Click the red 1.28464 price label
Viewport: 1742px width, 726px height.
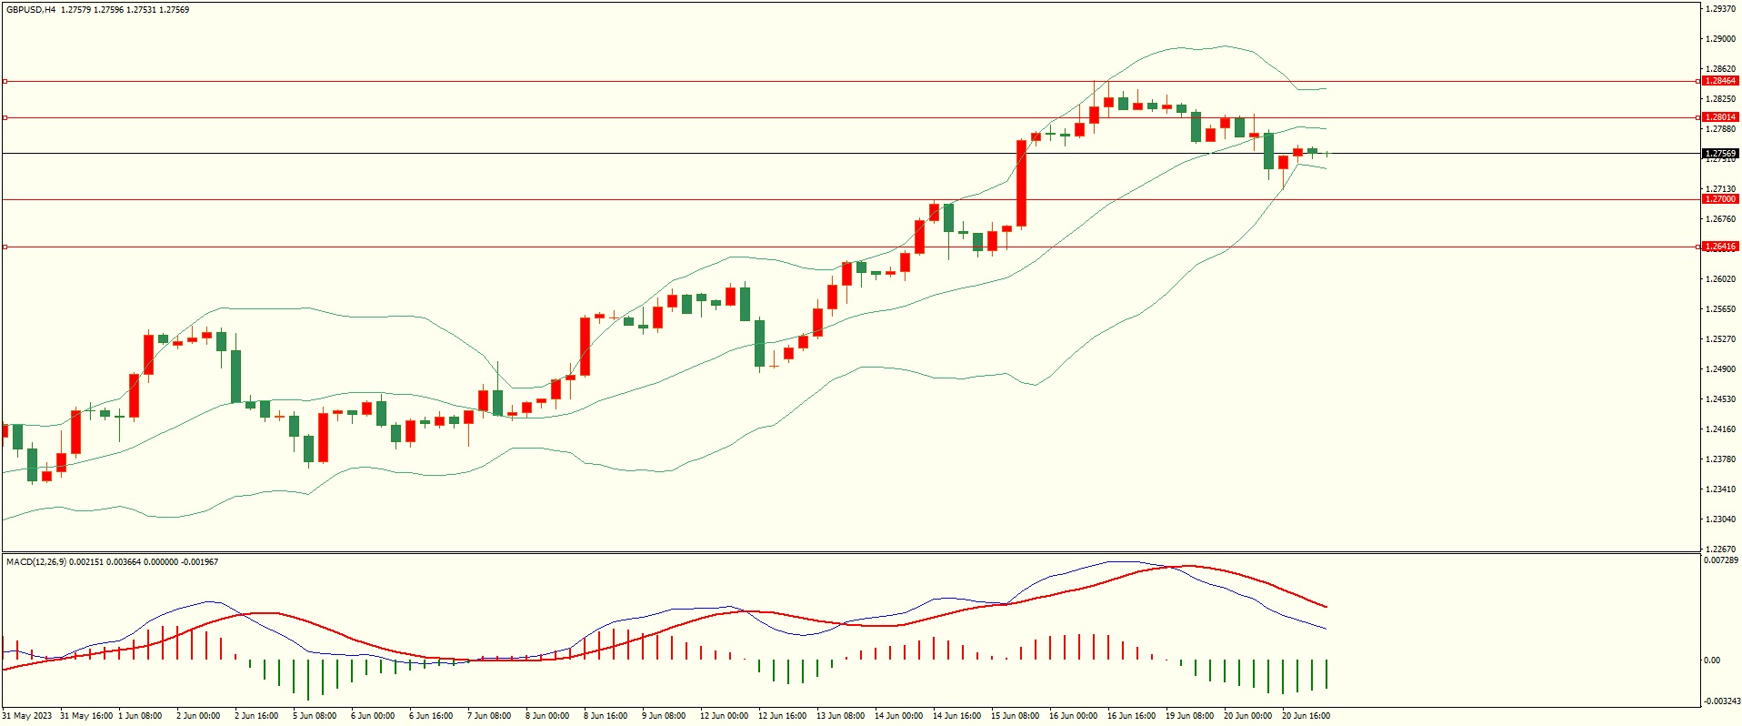1720,81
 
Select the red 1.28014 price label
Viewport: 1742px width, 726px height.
1720,117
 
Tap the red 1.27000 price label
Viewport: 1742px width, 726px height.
1720,199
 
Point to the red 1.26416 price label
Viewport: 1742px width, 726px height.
1720,247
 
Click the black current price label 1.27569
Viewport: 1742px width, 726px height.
1720,154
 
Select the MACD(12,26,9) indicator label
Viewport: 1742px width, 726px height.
35,562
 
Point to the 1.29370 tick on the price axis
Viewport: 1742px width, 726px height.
1720,9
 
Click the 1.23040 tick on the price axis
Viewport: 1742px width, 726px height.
1720,519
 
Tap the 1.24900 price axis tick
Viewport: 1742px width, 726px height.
1720,369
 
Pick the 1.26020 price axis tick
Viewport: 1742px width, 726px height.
1720,279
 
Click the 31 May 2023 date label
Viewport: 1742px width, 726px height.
27,716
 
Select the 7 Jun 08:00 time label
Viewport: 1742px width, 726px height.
489,716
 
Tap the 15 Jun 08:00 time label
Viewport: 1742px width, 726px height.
1015,716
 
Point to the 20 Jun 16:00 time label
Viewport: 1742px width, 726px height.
1306,716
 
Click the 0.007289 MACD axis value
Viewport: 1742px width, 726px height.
1720,560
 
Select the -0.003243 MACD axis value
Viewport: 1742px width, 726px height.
1720,701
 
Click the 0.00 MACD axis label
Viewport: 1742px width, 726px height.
1712,660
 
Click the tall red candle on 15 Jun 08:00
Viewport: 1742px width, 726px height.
1022,183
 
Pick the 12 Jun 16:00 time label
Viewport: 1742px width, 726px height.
782,716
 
